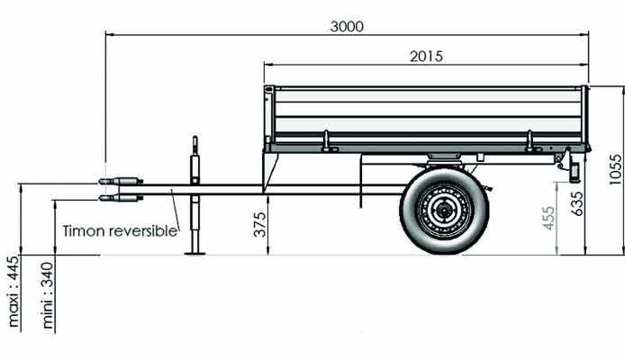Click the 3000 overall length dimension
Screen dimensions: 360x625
(347, 26)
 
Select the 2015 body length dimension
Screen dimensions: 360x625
(426, 56)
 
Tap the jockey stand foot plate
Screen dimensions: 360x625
(195, 253)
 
